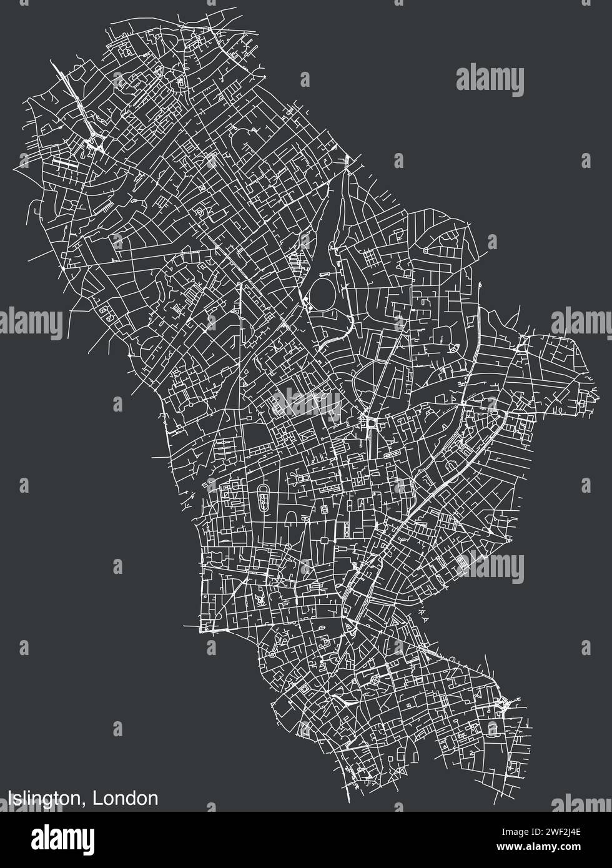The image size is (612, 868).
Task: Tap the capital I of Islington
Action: point(11,797)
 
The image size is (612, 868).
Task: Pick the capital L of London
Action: point(98,797)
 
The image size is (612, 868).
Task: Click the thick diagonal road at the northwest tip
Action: point(74,94)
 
